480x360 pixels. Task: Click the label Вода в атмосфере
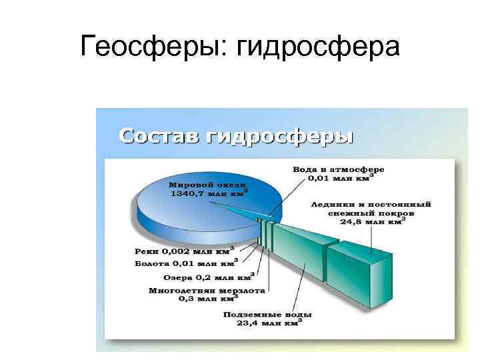[x=339, y=170]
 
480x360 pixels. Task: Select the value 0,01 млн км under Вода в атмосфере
[x=339, y=179]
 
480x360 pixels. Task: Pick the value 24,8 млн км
[x=370, y=223]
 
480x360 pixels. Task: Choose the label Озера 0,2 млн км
[x=207, y=277]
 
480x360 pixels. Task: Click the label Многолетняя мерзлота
[x=207, y=291]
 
